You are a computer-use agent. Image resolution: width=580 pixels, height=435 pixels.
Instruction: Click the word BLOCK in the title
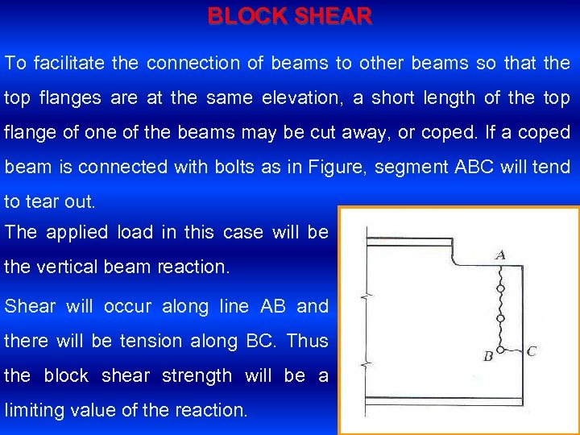click(x=246, y=15)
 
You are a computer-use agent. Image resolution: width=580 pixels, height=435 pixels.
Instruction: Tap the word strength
click(x=197, y=375)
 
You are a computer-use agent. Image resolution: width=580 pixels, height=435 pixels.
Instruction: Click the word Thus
click(x=308, y=341)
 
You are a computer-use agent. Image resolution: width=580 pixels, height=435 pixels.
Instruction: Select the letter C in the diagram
click(x=531, y=351)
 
